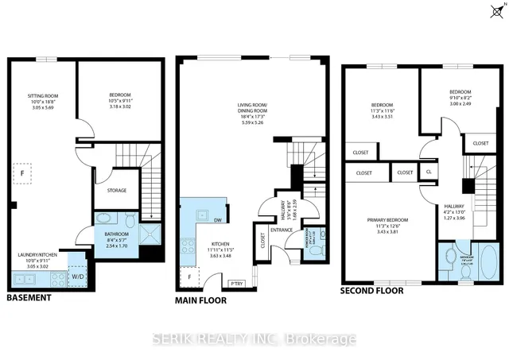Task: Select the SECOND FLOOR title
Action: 372,291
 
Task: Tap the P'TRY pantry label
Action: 236,284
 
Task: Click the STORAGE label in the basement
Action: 117,190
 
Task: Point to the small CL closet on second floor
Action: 429,171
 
